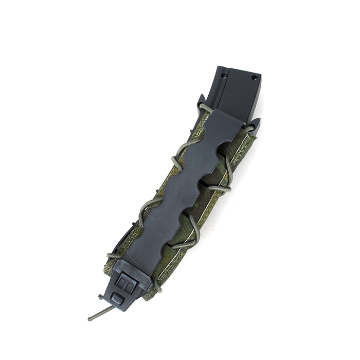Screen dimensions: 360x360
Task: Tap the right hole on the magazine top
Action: tap(254, 78)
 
